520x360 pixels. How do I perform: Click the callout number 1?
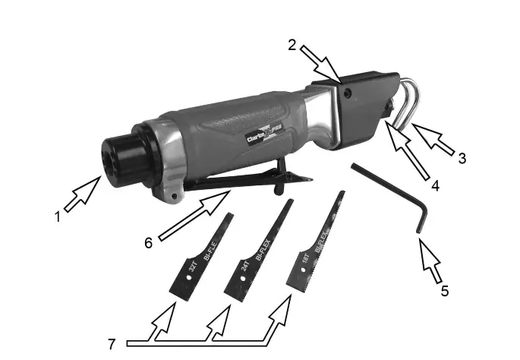(x=57, y=216)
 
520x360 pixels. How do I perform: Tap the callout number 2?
(x=292, y=44)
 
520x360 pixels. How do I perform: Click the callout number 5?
(x=445, y=289)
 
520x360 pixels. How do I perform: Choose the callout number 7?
(x=112, y=343)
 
